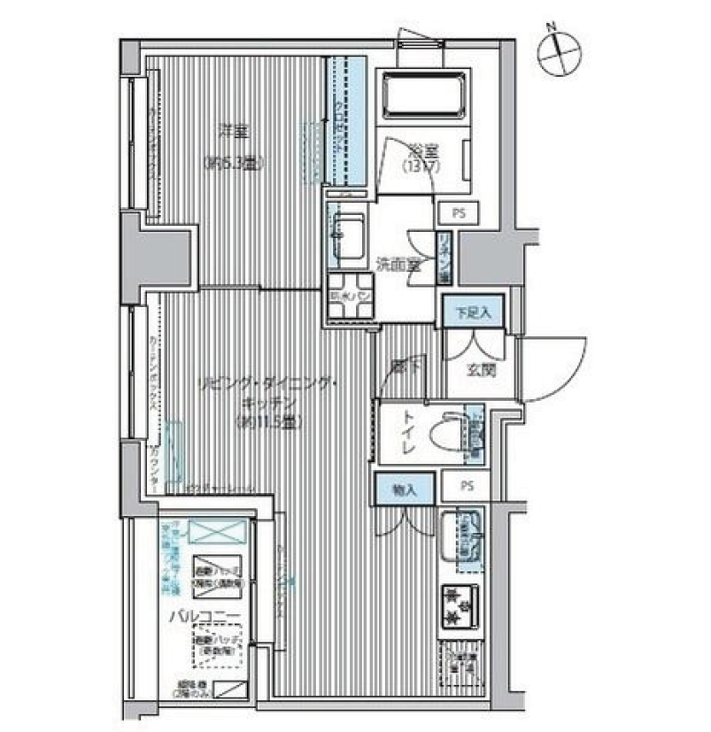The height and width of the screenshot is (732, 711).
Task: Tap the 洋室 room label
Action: coord(234,132)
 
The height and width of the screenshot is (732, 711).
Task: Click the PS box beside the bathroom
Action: coord(458,213)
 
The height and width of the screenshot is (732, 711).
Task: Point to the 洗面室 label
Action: coord(398,264)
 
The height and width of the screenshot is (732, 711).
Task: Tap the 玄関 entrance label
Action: coord(483,370)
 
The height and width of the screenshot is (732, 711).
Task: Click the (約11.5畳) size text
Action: coord(271,422)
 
